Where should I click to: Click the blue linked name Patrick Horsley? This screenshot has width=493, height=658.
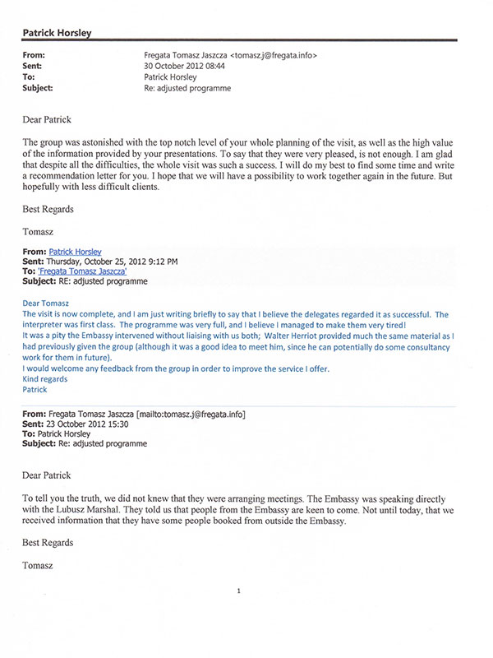[x=76, y=251]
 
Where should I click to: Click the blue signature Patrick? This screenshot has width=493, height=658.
[x=35, y=390]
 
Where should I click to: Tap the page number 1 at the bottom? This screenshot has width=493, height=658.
[x=238, y=591]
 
